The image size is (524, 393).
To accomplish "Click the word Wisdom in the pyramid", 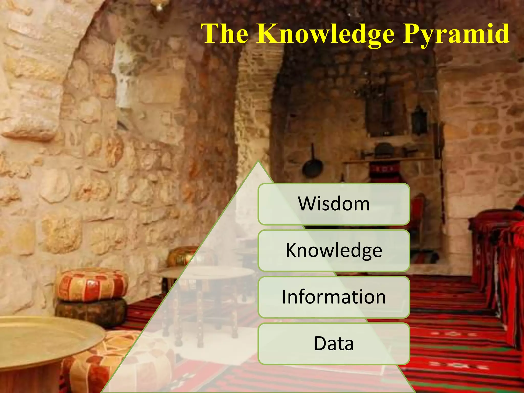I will tap(334, 204).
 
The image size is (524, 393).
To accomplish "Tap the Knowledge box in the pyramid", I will tap(334, 250).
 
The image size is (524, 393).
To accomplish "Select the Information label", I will tap(334, 297).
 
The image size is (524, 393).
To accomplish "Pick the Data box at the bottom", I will tap(334, 344).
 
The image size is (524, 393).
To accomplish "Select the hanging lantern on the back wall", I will tap(419, 119).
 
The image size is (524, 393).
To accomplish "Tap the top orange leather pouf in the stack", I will tap(92, 284).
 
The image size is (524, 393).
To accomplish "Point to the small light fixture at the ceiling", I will tap(159, 6).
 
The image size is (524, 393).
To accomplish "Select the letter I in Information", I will tap(284, 297).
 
